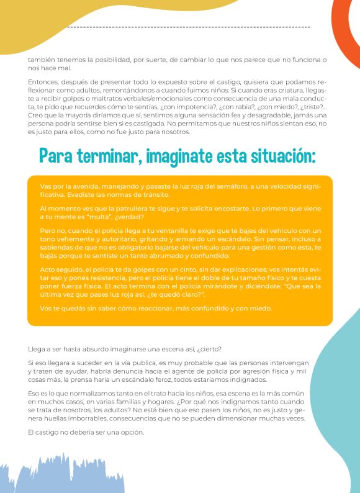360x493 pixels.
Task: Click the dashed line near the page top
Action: click(x=186, y=27)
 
